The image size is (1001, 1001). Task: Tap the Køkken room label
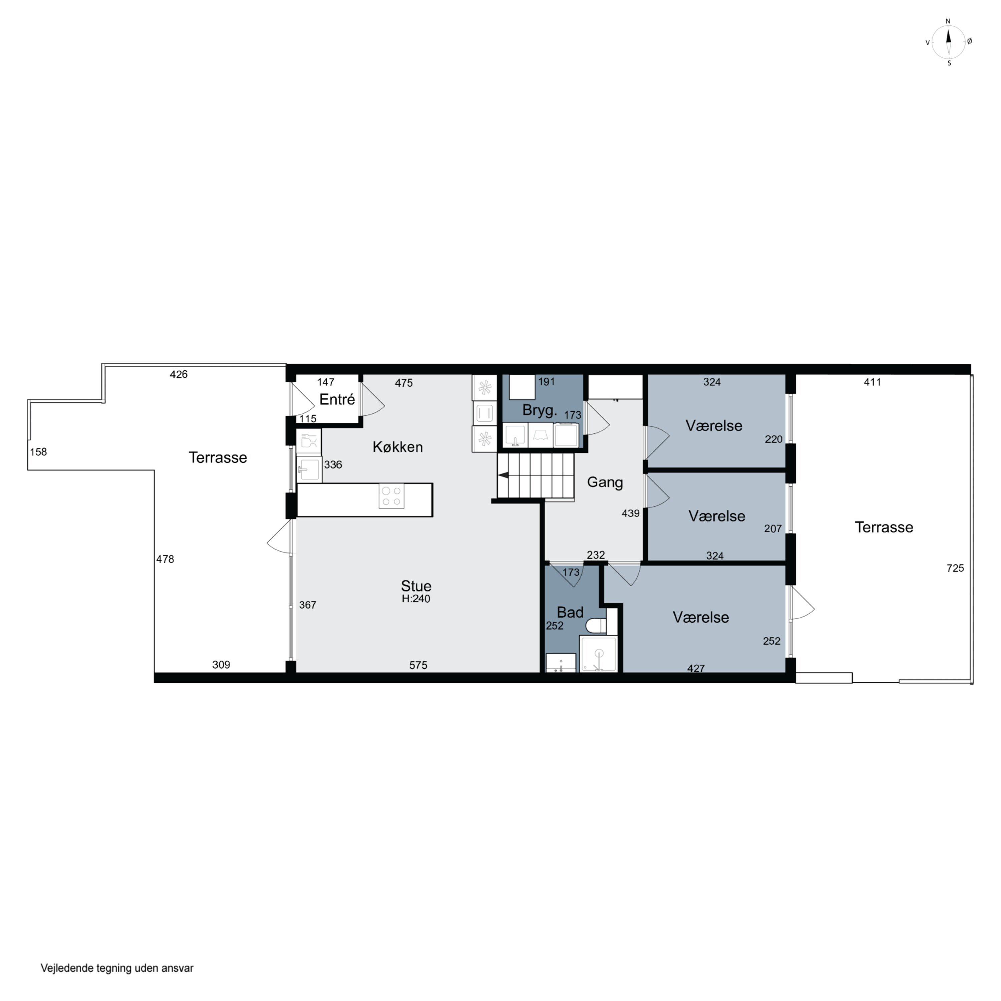tap(397, 447)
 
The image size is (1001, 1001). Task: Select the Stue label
tap(416, 586)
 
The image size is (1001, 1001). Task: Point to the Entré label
tap(337, 399)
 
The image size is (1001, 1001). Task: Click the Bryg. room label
tap(539, 410)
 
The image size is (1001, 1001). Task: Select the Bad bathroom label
tap(570, 612)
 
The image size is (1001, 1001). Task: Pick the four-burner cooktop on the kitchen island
tap(391, 496)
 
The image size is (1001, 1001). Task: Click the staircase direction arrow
tap(503, 474)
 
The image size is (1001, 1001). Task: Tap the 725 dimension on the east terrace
tap(955, 568)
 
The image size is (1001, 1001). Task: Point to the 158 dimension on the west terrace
tap(38, 452)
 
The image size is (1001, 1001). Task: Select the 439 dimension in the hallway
tap(631, 513)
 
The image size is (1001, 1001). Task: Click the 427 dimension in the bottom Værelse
tap(696, 668)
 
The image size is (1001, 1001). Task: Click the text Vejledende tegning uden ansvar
tap(117, 968)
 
